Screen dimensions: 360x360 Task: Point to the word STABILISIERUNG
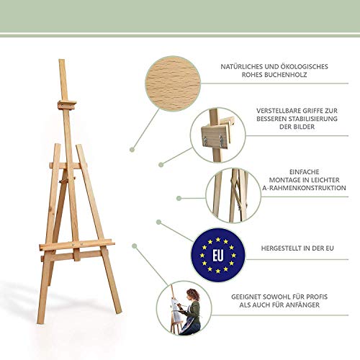tap(312, 119)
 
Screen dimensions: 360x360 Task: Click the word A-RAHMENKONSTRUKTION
tap(304, 188)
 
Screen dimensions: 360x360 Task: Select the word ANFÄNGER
tap(304, 305)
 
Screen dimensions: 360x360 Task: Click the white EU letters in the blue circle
tap(218, 255)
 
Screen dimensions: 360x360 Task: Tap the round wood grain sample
tap(173, 84)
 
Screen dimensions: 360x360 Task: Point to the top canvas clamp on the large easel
tap(67, 105)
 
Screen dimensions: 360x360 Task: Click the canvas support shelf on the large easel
tap(77, 245)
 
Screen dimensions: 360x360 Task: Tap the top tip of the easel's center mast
tap(62, 60)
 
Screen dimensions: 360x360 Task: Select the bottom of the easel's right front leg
tap(118, 312)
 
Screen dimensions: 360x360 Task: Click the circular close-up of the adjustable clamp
tap(218, 135)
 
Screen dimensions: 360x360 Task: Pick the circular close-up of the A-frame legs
tap(233, 195)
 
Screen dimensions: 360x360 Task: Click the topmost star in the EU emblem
tap(218, 240)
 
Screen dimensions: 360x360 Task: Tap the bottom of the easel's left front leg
tap(40, 321)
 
